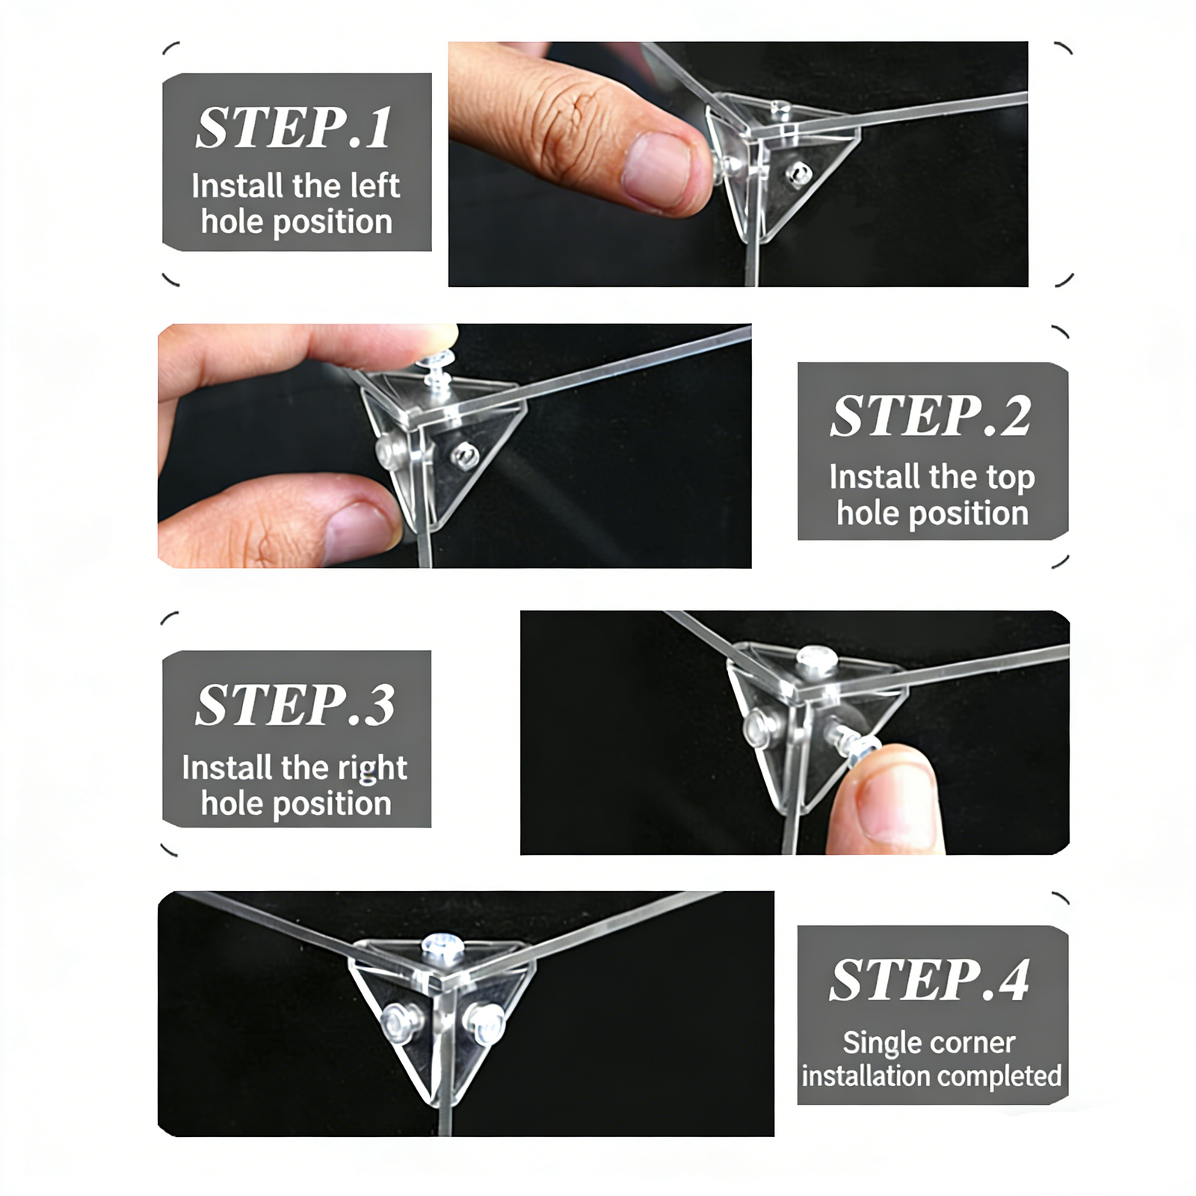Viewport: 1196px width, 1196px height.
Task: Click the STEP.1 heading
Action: [294, 128]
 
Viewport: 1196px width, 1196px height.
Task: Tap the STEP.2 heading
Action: [931, 416]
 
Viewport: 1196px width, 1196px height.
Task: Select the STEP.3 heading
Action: [295, 705]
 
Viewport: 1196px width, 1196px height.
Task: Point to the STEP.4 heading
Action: [930, 980]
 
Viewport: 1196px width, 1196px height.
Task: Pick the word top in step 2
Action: [1010, 478]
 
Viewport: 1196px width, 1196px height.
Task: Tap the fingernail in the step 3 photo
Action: [896, 804]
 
